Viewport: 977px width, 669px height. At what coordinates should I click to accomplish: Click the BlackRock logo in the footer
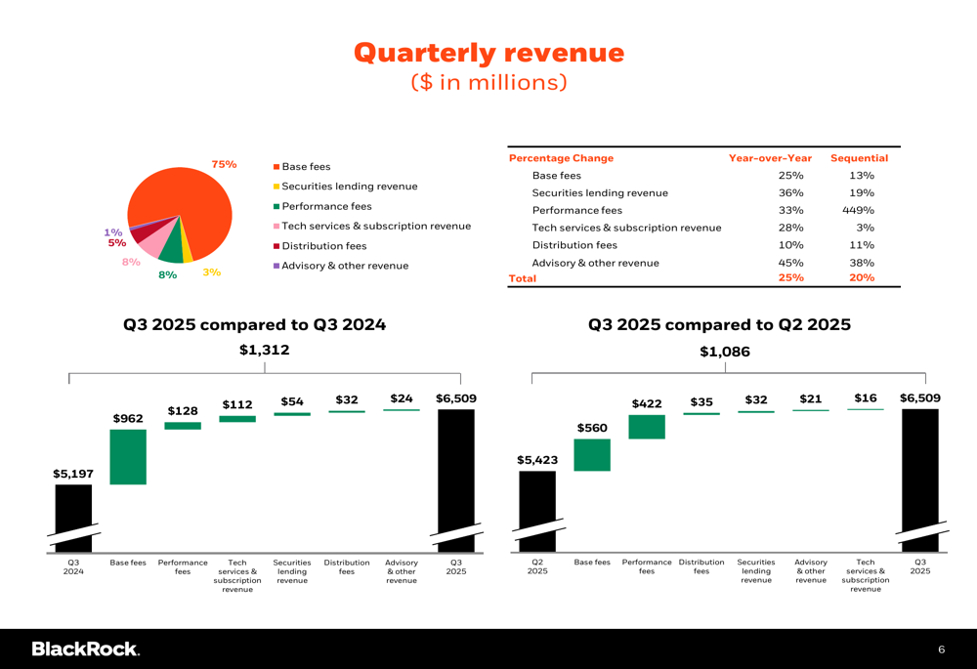pos(85,648)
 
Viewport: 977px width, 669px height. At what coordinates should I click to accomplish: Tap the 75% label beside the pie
pos(225,164)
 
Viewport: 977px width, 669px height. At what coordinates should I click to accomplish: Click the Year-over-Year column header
pos(770,158)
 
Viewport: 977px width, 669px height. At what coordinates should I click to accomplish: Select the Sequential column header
pos(859,158)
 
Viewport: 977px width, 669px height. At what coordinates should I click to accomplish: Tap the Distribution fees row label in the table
pos(573,245)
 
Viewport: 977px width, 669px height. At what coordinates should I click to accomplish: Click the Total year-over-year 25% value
pos(790,278)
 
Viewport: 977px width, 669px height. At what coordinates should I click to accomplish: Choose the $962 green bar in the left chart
pos(128,456)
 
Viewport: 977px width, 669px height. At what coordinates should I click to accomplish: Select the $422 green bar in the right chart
pos(647,427)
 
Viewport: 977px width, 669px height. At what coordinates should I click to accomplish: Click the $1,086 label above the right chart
pos(725,352)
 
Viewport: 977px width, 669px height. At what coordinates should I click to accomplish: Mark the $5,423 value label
pos(537,460)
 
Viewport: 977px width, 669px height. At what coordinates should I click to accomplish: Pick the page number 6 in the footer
pos(941,649)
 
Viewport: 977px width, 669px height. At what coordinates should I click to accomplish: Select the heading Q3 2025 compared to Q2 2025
pos(719,325)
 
